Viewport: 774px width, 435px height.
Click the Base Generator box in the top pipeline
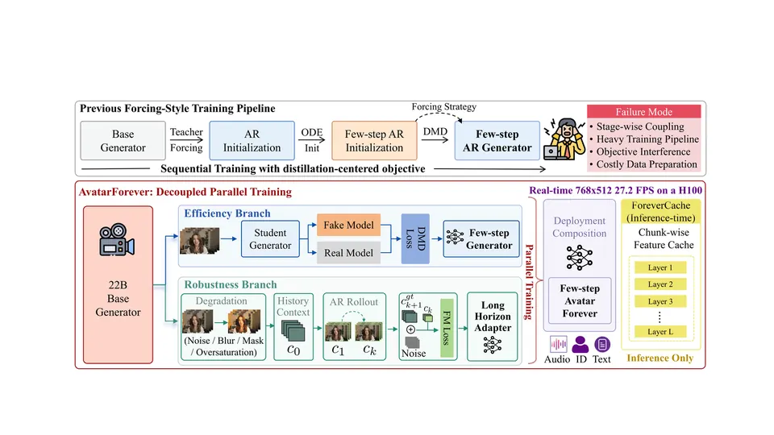coord(123,140)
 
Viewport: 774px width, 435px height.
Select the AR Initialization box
coord(252,140)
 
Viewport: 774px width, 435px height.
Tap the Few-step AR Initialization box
coord(374,140)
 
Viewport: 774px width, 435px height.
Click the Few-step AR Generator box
coord(497,140)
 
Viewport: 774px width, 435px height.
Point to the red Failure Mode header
coord(643,111)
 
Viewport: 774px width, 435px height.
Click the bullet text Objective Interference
coord(643,152)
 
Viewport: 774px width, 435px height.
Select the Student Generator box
coord(270,238)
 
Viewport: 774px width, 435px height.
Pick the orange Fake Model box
coord(348,225)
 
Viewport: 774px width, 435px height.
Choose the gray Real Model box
coord(348,252)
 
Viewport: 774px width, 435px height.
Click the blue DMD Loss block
coord(415,238)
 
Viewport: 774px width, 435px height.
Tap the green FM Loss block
coord(447,328)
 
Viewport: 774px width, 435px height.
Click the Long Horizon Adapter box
coord(492,326)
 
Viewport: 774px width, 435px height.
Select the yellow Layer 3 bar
coord(660,301)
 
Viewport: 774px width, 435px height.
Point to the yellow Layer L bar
coord(660,332)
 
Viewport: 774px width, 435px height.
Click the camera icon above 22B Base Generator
coord(116,240)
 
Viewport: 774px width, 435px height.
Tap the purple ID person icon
coord(580,344)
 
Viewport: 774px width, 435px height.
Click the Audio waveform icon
coord(558,344)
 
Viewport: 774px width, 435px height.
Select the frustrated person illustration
coord(564,139)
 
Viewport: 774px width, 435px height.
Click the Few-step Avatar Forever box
coord(580,300)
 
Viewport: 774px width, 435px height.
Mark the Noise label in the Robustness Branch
coord(414,353)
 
